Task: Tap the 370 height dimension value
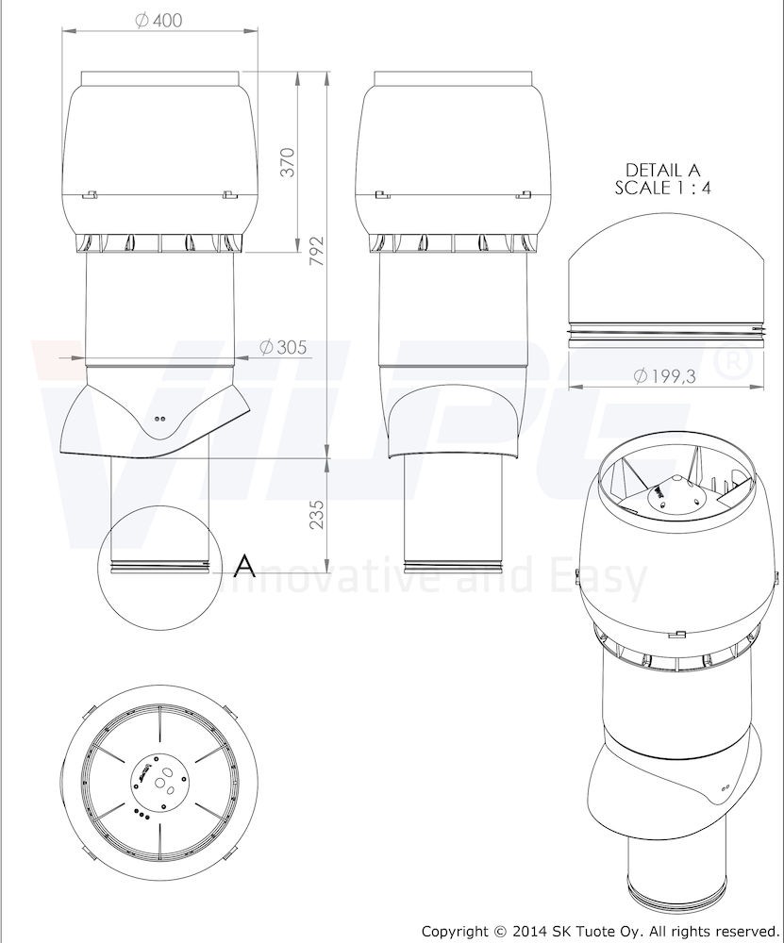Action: click(x=288, y=161)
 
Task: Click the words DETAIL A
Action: click(x=662, y=170)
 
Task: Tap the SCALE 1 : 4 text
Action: click(x=662, y=187)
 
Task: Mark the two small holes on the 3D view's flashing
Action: click(x=724, y=784)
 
